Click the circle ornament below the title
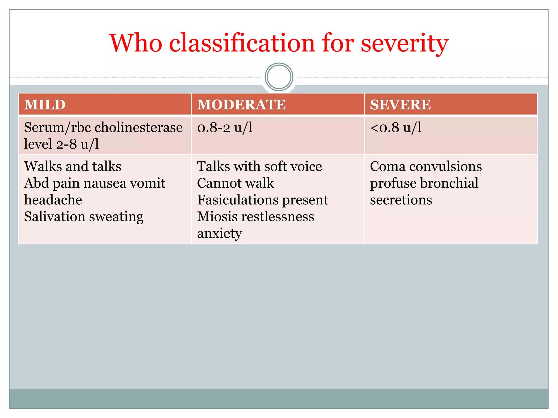pos(279,77)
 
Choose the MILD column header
pos(45,105)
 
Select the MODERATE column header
pos(241,105)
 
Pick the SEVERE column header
pos(400,105)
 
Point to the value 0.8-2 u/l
pos(225,127)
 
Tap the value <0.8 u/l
pos(396,127)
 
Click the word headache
pos(53,200)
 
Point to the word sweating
pos(116,217)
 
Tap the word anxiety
pos(220,233)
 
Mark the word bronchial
pos(449,183)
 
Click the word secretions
pos(401,200)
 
